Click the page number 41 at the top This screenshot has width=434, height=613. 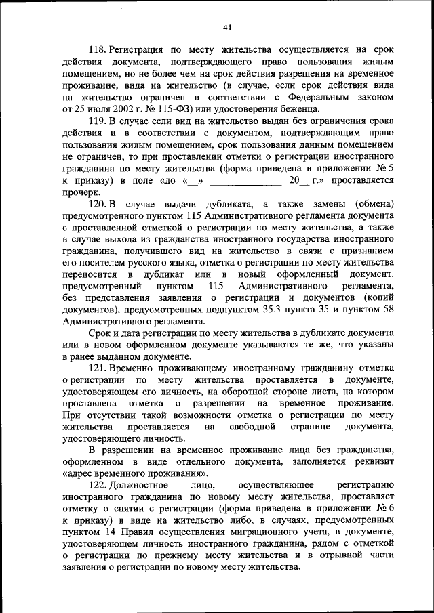click(x=226, y=27)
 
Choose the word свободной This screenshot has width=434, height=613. click(x=252, y=427)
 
